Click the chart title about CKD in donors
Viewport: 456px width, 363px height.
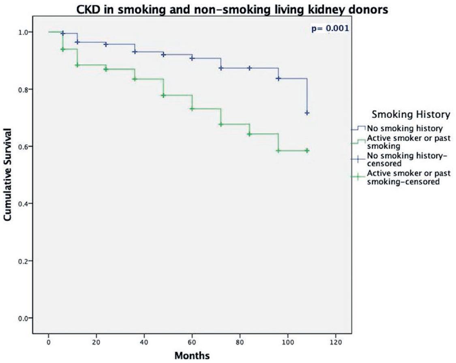pyautogui.click(x=233, y=9)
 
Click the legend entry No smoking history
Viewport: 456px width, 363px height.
pyautogui.click(x=396, y=129)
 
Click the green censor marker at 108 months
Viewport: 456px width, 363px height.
pyautogui.click(x=307, y=150)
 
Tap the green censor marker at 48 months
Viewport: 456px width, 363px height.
pyautogui.click(x=163, y=95)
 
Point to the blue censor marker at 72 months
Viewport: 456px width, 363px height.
pyautogui.click(x=221, y=68)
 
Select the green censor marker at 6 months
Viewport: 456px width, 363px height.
pyautogui.click(x=63, y=49)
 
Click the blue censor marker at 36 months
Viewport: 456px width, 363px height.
pyautogui.click(x=135, y=52)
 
